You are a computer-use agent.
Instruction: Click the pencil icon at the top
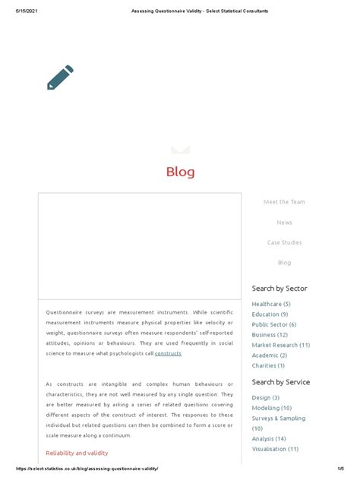[x=60, y=77]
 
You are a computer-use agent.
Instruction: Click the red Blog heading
[x=180, y=172]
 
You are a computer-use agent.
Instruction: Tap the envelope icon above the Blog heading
[x=180, y=149]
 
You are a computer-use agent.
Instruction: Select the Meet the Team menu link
[x=284, y=202]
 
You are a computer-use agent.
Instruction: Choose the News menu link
[x=284, y=223]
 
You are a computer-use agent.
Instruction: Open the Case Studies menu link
[x=284, y=243]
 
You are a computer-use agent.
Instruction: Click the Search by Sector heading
[x=279, y=289]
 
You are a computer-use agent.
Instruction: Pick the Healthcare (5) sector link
[x=271, y=304]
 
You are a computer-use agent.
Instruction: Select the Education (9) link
[x=270, y=314]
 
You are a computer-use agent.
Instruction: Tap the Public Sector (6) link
[x=274, y=324]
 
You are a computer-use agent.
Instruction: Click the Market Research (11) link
[x=281, y=345]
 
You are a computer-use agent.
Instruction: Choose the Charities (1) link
[x=269, y=365]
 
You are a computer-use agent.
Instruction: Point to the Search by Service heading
[x=281, y=382]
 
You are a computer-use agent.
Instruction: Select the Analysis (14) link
[x=270, y=438]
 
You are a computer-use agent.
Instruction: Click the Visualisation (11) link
[x=275, y=449]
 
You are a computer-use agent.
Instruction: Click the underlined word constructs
[x=168, y=354]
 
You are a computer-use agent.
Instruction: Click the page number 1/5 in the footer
[x=343, y=469]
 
